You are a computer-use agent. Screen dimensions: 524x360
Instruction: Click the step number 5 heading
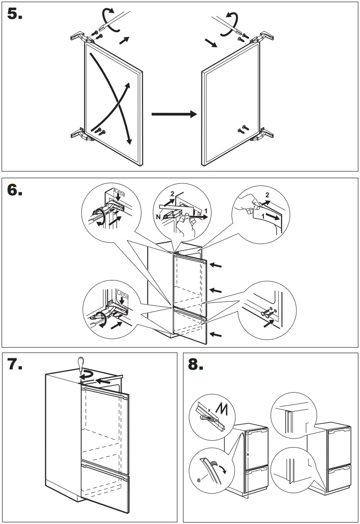coord(15,14)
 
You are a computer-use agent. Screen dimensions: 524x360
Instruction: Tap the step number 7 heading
coord(15,365)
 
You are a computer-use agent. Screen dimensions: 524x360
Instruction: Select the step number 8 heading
coord(196,365)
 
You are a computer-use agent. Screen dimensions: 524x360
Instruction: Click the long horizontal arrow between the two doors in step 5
coord(174,114)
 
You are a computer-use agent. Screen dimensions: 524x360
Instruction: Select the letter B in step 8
coord(198,480)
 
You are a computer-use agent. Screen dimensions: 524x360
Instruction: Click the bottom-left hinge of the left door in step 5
coord(79,134)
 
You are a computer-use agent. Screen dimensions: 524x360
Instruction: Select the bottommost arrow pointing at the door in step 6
coord(217,334)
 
